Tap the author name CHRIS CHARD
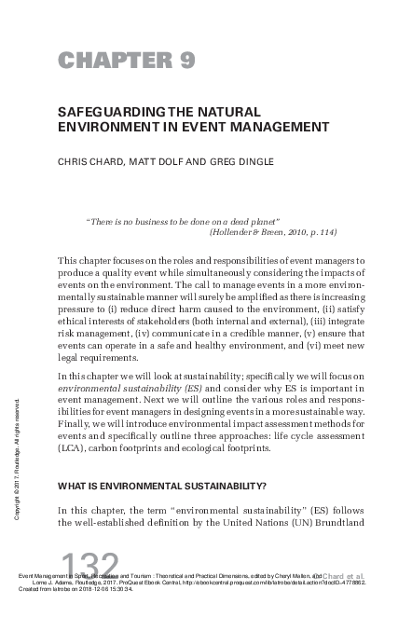coord(91,162)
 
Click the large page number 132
coord(89,566)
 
